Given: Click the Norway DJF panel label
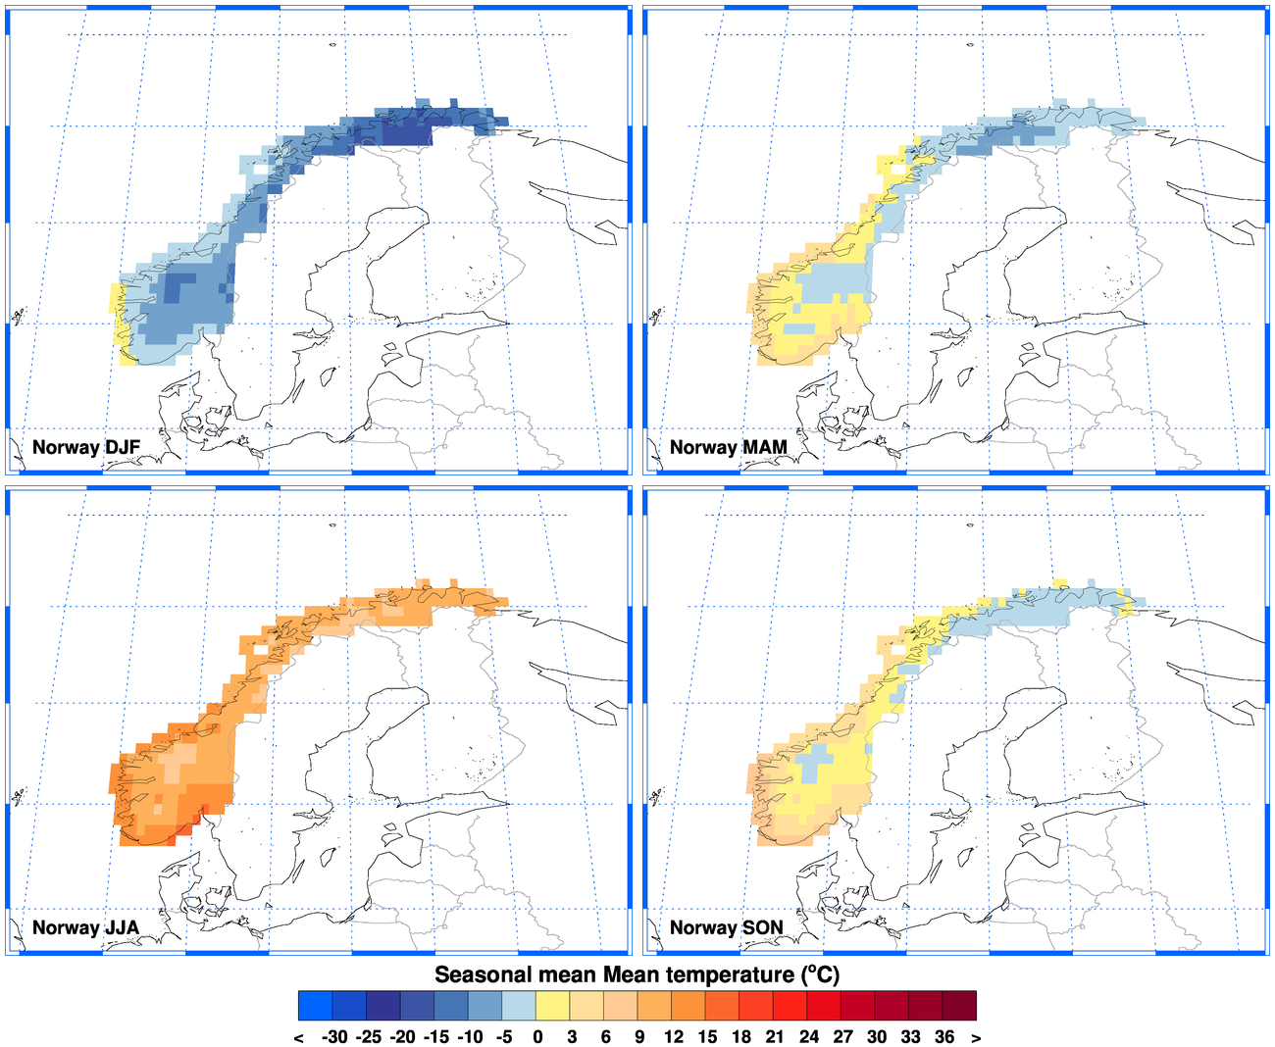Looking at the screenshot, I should tap(86, 448).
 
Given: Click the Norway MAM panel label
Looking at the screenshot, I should tap(728, 448).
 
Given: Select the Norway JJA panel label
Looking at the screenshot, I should tap(85, 928).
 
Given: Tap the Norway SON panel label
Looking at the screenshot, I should tap(726, 928).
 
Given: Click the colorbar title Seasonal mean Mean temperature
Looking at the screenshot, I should tap(637, 974).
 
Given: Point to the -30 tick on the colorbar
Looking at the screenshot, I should tap(334, 1037).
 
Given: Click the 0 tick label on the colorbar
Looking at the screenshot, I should tap(537, 1037).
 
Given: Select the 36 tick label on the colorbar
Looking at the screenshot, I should tap(944, 1037).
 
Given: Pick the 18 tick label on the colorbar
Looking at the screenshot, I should tap(741, 1037).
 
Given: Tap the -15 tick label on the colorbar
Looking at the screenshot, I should tap(435, 1037).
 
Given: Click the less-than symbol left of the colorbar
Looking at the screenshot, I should tap(298, 1038).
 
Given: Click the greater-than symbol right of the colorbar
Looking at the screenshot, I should tap(976, 1038).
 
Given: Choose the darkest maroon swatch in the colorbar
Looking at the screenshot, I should tap(959, 1006).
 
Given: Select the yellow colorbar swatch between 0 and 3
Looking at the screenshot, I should tap(553, 1006).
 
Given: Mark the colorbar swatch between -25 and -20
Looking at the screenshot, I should tap(383, 1006).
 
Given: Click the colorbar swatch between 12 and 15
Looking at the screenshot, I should tap(688, 1006).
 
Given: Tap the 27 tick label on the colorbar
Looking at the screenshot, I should tap(842, 1037).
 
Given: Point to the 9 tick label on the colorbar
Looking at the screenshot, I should tap(639, 1037).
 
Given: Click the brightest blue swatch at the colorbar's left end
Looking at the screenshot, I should tap(316, 1006).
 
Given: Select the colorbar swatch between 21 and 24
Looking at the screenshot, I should tap(790, 1006).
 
